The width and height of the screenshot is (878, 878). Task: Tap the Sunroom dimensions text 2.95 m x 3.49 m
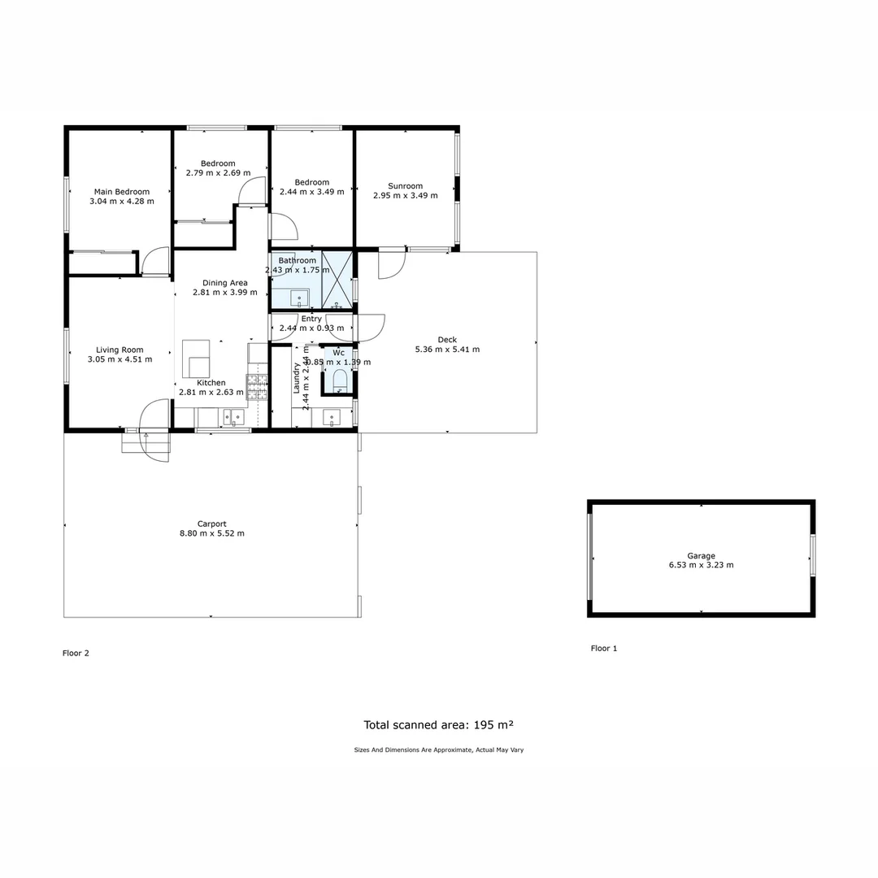[x=405, y=196]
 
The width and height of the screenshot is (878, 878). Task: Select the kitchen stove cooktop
[x=257, y=387]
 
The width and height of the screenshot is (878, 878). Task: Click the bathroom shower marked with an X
[x=337, y=280]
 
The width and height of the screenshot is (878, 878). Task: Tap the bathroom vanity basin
[x=299, y=297]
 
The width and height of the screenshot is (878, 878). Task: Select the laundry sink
[x=332, y=418]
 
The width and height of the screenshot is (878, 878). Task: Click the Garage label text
[x=701, y=556]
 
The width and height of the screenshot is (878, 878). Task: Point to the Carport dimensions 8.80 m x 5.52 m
[x=211, y=534]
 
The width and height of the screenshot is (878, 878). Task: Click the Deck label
[x=447, y=340]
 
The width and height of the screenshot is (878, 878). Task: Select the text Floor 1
[x=604, y=649]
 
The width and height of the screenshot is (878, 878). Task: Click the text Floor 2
[x=76, y=653]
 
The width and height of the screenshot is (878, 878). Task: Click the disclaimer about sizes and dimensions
[x=438, y=750]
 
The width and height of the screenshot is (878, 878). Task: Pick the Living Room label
[x=120, y=350]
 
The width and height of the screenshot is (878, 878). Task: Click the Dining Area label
[x=225, y=283]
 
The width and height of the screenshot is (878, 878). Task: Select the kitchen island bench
[x=196, y=358]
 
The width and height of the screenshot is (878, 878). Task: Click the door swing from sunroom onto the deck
[x=390, y=265]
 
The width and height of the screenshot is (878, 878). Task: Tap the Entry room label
[x=311, y=319]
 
